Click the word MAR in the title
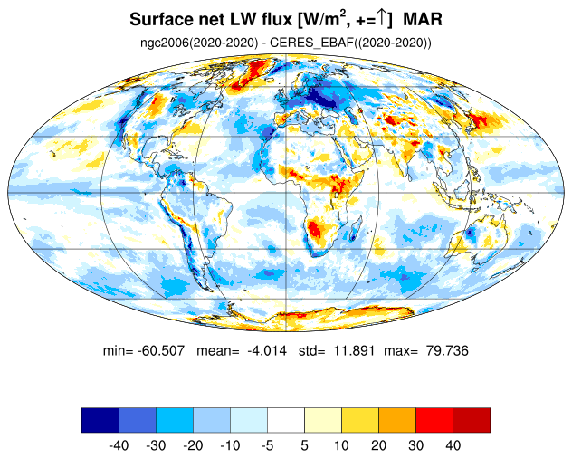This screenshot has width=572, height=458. pos(423,19)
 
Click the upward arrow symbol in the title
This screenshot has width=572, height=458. pos(381,19)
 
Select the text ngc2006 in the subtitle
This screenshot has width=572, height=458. pos(163,43)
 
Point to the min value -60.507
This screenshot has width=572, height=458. pos(161,350)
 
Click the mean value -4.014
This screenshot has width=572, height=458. pos(267,350)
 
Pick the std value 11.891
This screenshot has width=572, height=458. pos(354,350)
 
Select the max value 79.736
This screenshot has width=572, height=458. pos(447,350)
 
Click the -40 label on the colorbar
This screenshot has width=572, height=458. pos(119,445)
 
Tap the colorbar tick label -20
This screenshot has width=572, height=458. pos(193,445)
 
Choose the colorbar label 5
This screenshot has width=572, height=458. pos(305,445)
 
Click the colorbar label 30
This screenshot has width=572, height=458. pos(415,445)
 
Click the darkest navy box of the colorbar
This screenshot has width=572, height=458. pos(100,420)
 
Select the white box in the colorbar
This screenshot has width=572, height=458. pos(286,420)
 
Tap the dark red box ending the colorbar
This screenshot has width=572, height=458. pos(472,420)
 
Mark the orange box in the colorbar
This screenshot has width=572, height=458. pos(397,420)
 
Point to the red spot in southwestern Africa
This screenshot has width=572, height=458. pos(314,229)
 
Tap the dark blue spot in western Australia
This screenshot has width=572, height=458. pos(470,232)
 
